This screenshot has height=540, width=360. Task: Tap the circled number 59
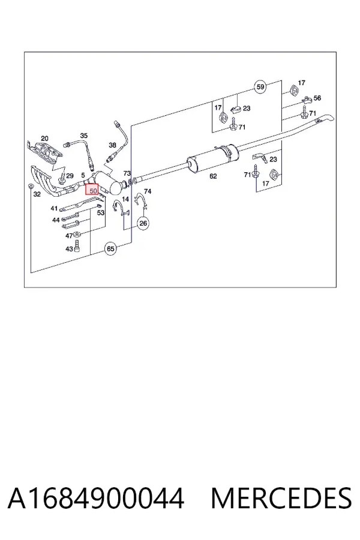pos(260,86)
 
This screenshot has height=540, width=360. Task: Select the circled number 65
pos(110,248)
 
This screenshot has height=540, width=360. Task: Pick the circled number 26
pos(143,223)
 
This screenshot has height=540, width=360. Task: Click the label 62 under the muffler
pos(213,176)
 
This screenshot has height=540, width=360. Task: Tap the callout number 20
pos(44,139)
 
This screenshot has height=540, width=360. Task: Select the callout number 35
pos(84,136)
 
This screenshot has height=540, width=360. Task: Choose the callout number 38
pos(112,145)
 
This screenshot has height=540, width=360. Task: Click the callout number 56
pos(317,98)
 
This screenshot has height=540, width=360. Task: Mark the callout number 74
pos(148,191)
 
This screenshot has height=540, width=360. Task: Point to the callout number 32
pos(37,194)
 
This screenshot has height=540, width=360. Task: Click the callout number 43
pos(69,248)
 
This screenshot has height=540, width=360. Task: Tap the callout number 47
pos(69,236)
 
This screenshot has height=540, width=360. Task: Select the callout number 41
pos(54,208)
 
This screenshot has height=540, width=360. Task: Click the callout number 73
pos(127,173)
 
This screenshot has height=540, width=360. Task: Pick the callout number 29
pos(70,176)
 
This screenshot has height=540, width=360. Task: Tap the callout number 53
pos(101,213)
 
